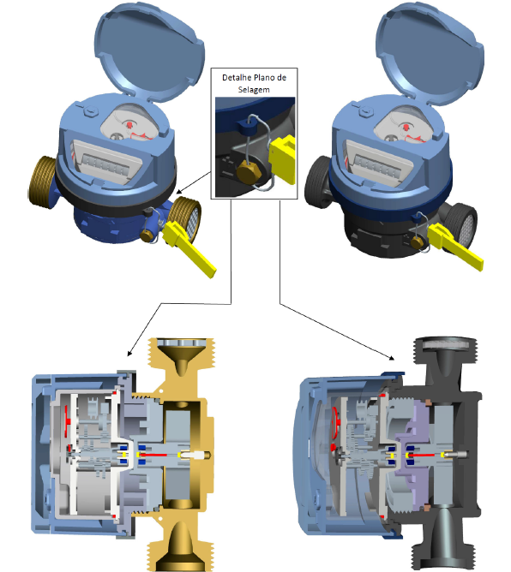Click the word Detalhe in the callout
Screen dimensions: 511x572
pos(237,78)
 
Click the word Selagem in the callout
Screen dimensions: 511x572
pos(254,90)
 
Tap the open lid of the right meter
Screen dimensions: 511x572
pos(430,53)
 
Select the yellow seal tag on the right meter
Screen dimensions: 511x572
pos(454,245)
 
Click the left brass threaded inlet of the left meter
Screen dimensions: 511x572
pos(42,182)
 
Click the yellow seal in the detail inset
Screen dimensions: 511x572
pos(282,158)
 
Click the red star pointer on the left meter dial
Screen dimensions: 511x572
pos(129,124)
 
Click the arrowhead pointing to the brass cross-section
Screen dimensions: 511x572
pos(129,353)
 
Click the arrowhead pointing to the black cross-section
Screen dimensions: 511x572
pos(392,358)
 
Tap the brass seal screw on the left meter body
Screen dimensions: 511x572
pos(147,235)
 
